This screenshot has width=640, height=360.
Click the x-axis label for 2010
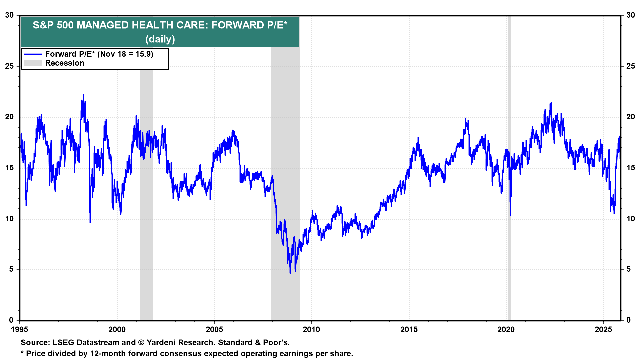(311, 330)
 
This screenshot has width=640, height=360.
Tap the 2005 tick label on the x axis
(214, 330)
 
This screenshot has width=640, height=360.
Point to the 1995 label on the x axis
(20, 330)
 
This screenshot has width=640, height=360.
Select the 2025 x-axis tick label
(603, 330)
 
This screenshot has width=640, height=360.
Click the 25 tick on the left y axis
(9, 66)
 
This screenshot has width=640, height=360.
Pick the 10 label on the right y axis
(630, 219)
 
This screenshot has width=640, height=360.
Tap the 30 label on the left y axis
(9, 15)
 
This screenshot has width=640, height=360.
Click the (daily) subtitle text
(160, 39)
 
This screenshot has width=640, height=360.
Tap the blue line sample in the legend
(33, 54)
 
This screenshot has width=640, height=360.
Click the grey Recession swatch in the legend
(33, 63)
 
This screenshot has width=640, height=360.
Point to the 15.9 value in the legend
(144, 54)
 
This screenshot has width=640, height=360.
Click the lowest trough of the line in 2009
(290, 273)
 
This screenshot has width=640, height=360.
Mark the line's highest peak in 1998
(84, 95)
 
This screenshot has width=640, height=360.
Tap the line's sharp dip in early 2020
(510, 215)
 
